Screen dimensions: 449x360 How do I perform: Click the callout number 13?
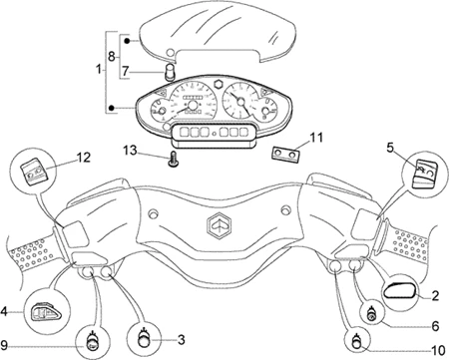(x=130, y=151)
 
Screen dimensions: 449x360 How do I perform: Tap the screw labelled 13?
(x=173, y=160)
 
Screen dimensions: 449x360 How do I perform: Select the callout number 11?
(x=316, y=137)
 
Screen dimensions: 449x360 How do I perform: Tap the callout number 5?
(x=391, y=148)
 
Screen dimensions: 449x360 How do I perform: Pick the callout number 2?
(x=435, y=295)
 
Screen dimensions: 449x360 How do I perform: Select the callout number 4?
(x=4, y=311)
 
